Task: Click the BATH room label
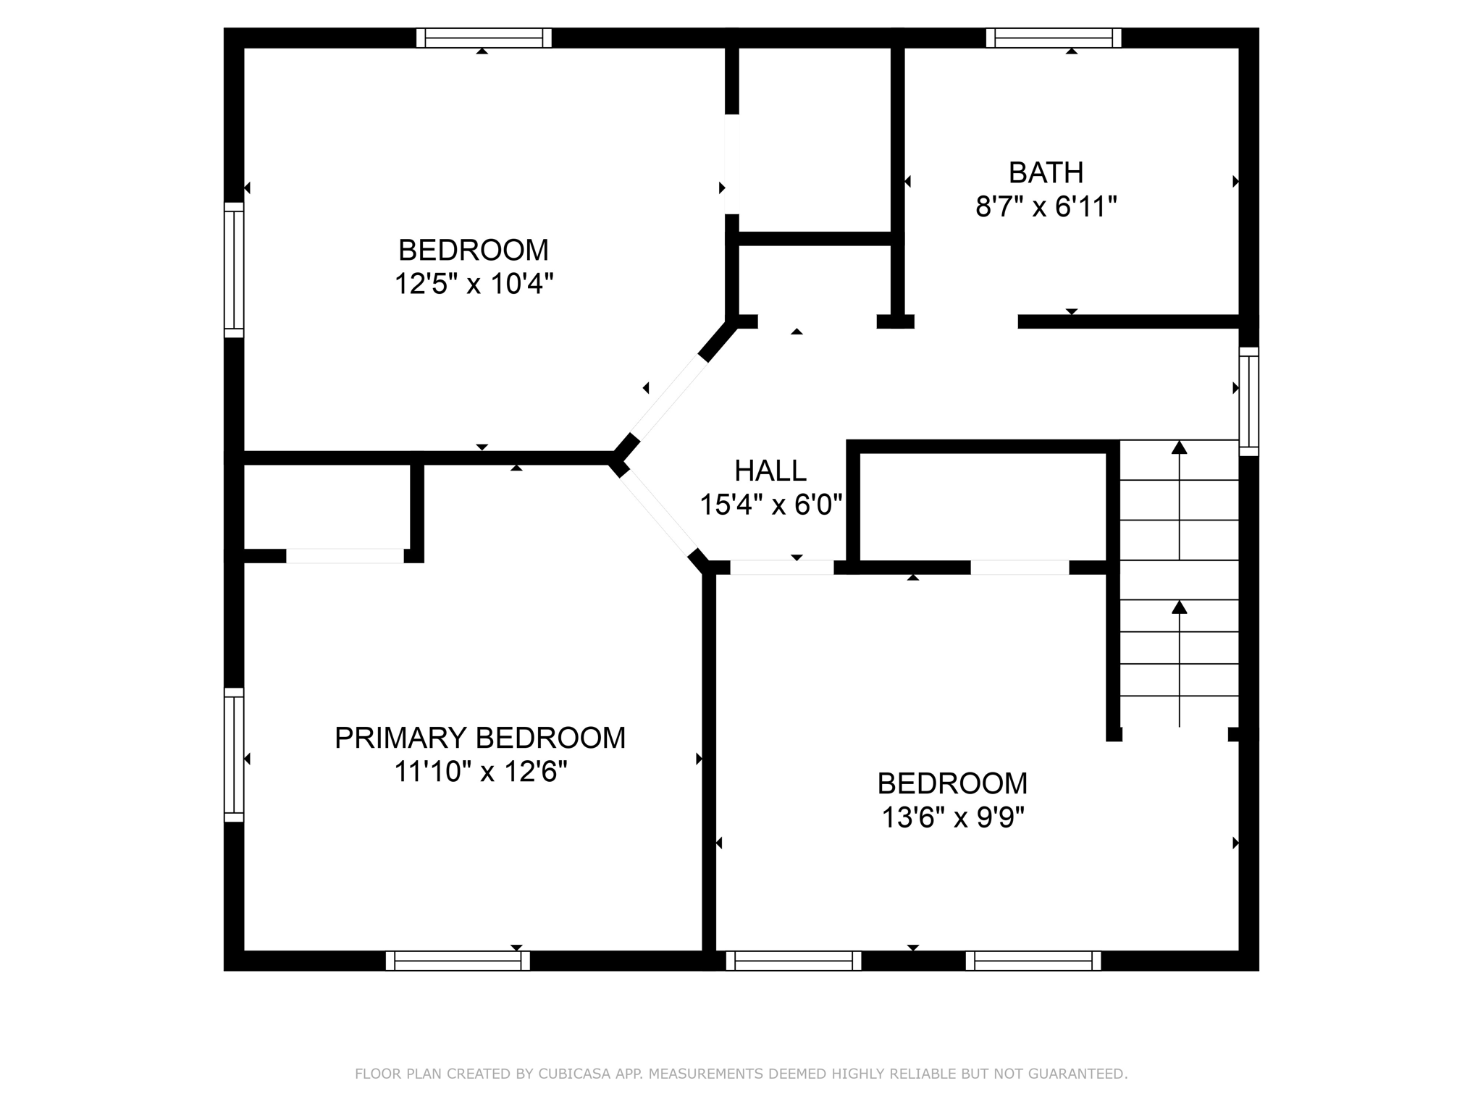coord(1046,173)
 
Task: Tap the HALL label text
coord(770,471)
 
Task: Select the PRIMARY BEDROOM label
coord(479,738)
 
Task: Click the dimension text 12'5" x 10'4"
coord(474,284)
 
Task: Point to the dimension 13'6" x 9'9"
coord(952,818)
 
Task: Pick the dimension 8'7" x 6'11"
coord(1046,208)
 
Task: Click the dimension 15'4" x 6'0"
coord(770,505)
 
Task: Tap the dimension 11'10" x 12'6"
coord(479,772)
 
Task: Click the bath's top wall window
coord(1054,38)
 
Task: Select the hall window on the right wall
coord(1248,401)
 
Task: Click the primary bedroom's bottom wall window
coord(458,961)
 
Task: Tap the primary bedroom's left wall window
coord(234,754)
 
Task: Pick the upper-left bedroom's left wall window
coord(234,269)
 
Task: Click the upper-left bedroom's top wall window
coord(484,38)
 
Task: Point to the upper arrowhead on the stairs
coord(1180,447)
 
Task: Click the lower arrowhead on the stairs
coord(1180,607)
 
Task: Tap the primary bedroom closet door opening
coord(345,556)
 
